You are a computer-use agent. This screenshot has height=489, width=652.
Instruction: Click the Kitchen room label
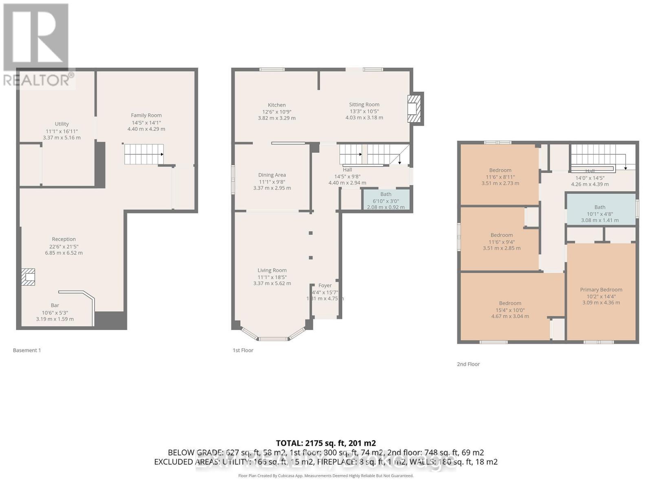277,105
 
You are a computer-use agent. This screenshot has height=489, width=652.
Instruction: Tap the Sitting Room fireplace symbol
413,109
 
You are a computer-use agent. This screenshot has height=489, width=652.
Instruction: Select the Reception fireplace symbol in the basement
29,277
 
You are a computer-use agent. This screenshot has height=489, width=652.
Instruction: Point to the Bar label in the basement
55,305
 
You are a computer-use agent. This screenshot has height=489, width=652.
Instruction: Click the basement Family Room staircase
143,154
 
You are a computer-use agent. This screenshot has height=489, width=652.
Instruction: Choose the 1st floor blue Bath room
386,200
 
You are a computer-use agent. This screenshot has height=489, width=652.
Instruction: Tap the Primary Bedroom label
601,290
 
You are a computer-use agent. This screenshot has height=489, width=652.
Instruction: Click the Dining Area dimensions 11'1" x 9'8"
272,182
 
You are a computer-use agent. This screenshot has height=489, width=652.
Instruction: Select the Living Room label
272,270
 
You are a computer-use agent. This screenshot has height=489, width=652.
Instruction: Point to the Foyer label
325,286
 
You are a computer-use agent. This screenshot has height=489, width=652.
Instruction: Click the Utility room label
62,124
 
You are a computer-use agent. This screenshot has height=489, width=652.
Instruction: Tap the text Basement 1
27,350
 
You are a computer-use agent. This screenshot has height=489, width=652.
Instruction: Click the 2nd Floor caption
468,364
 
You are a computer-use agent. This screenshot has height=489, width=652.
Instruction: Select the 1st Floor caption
243,350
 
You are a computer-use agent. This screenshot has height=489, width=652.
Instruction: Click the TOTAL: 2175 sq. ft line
326,443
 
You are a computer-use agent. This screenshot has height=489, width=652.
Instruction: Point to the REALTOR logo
37,45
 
